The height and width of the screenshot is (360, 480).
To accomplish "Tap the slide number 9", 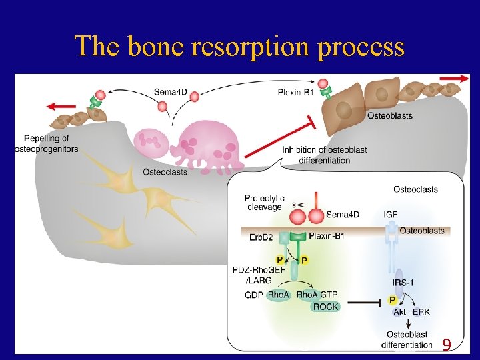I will (447, 345).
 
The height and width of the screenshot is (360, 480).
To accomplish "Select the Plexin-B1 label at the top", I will (296, 91).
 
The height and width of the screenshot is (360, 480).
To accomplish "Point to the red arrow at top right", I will (454, 78).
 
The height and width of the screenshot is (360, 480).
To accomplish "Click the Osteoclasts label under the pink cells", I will (165, 172).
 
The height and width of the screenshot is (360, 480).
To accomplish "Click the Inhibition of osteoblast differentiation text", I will (324, 155).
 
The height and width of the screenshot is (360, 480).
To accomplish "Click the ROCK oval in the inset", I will (325, 307).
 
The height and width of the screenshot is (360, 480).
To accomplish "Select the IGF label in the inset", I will (391, 215).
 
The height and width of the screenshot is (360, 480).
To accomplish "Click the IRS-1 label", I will (402, 283).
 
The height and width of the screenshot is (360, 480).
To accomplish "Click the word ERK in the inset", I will (421, 312).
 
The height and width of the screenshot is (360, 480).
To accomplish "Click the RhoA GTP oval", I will (317, 295).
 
